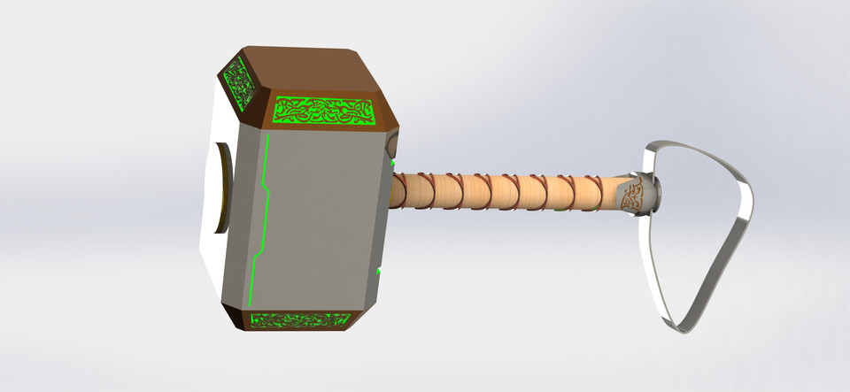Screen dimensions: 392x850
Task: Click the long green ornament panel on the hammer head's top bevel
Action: click(324, 110)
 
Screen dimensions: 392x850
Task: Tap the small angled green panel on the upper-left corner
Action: click(242, 84)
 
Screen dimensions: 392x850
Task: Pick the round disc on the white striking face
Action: click(221, 187)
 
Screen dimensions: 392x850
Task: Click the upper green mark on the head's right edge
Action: click(392, 162)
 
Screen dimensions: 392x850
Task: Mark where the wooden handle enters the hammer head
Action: click(393, 190)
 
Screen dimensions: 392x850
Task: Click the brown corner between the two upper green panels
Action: click(262, 110)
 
